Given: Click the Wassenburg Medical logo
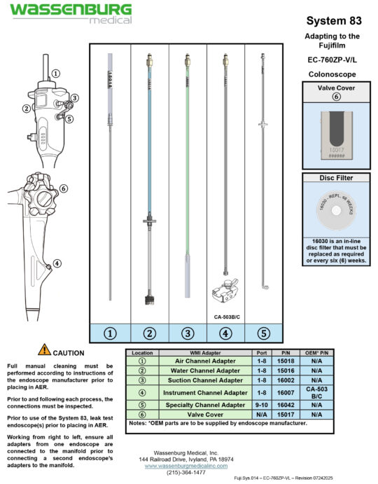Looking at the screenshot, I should click(x=69, y=13).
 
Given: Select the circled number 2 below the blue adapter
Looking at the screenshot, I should click(x=149, y=333).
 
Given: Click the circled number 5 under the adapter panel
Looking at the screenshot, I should click(x=263, y=333).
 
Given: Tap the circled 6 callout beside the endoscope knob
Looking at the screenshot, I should click(x=63, y=188).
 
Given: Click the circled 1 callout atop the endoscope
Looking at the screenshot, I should click(x=55, y=73).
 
